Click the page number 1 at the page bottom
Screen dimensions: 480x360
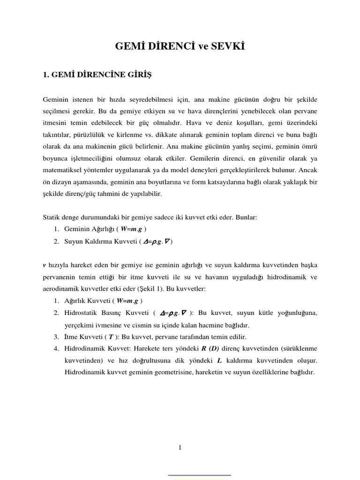pyautogui.click(x=180, y=448)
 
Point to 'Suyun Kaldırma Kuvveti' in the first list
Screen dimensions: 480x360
pyautogui.click(x=97, y=241)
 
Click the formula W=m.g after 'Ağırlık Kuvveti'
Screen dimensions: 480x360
pyautogui.click(x=128, y=300)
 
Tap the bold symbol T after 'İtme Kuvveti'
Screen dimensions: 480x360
pyautogui.click(x=111, y=337)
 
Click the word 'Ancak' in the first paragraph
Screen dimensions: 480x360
pyautogui.click(x=307, y=170)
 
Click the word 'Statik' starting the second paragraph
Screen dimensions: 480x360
pyautogui.click(x=52, y=217)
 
